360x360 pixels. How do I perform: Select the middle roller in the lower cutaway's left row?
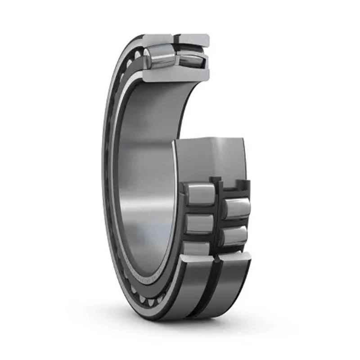(199, 224)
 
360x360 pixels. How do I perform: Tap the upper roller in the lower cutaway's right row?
(236, 208)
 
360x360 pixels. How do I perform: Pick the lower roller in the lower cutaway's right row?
(235, 235)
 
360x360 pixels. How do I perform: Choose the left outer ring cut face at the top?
(158, 40)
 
